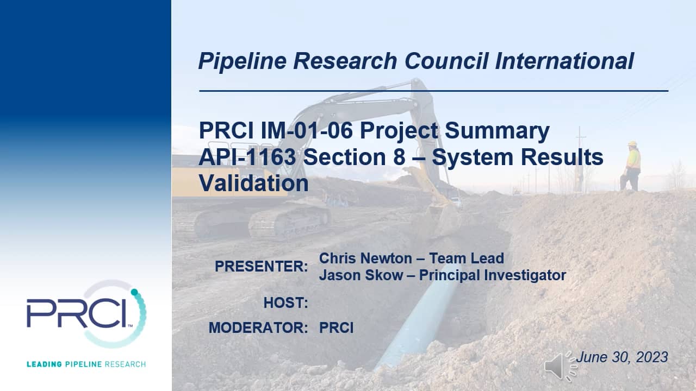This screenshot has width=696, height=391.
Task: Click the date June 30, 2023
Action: coord(622,357)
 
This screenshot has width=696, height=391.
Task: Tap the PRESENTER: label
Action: coord(261,267)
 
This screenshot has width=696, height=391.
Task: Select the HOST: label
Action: coord(285,302)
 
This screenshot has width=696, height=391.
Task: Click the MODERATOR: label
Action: coord(258,328)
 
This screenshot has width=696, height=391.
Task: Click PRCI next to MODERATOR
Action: coord(336,328)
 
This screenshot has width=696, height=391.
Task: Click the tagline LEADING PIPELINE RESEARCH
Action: coord(86,363)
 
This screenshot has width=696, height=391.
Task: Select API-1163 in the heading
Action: coord(247,157)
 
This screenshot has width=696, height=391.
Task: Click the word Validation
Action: coord(253,183)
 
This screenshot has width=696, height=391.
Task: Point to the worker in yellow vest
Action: coord(632,166)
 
